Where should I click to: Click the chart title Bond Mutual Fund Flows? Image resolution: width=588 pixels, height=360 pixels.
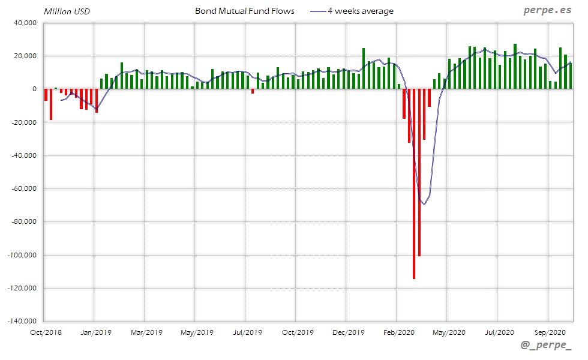[x=245, y=11]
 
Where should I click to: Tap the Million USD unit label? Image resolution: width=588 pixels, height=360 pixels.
[x=67, y=11]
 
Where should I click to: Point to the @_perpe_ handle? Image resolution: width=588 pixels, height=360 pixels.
[x=546, y=346]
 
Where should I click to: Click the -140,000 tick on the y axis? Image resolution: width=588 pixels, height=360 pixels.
[x=22, y=321]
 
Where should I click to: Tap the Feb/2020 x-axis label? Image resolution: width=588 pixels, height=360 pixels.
[x=398, y=332]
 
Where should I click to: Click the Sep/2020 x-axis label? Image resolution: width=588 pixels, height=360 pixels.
[x=550, y=332]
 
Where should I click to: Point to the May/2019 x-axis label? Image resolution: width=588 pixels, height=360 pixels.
[x=197, y=332]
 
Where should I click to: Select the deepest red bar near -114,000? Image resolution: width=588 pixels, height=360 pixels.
[x=414, y=184]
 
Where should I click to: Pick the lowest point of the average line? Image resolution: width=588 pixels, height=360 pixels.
[x=424, y=205]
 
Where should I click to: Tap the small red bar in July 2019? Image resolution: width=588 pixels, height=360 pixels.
[x=253, y=91]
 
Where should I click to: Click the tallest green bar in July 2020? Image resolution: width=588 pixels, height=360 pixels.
[x=515, y=66]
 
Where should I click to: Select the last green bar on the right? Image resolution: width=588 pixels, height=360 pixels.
[x=570, y=76]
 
